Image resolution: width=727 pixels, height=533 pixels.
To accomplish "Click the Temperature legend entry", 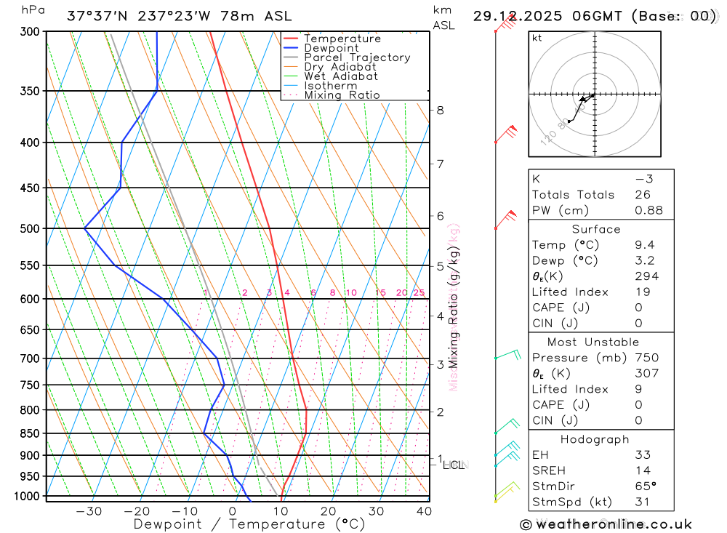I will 342,39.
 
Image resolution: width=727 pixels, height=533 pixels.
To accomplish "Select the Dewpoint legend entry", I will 331,48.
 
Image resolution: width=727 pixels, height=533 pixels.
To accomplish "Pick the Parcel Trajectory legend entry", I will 357,57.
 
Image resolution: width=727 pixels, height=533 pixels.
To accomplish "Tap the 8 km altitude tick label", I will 440,111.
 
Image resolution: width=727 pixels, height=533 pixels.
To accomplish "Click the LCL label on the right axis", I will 453,465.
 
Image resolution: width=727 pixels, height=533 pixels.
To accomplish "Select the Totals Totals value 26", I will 642,195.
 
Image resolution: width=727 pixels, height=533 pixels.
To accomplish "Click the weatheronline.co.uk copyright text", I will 606,524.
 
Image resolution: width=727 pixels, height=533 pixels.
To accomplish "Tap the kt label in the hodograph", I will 537,38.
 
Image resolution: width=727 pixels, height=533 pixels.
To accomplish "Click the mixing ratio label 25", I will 419,293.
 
